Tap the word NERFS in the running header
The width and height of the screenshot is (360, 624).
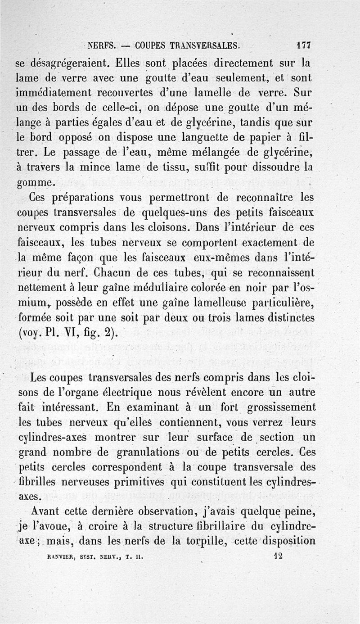click(x=102, y=45)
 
